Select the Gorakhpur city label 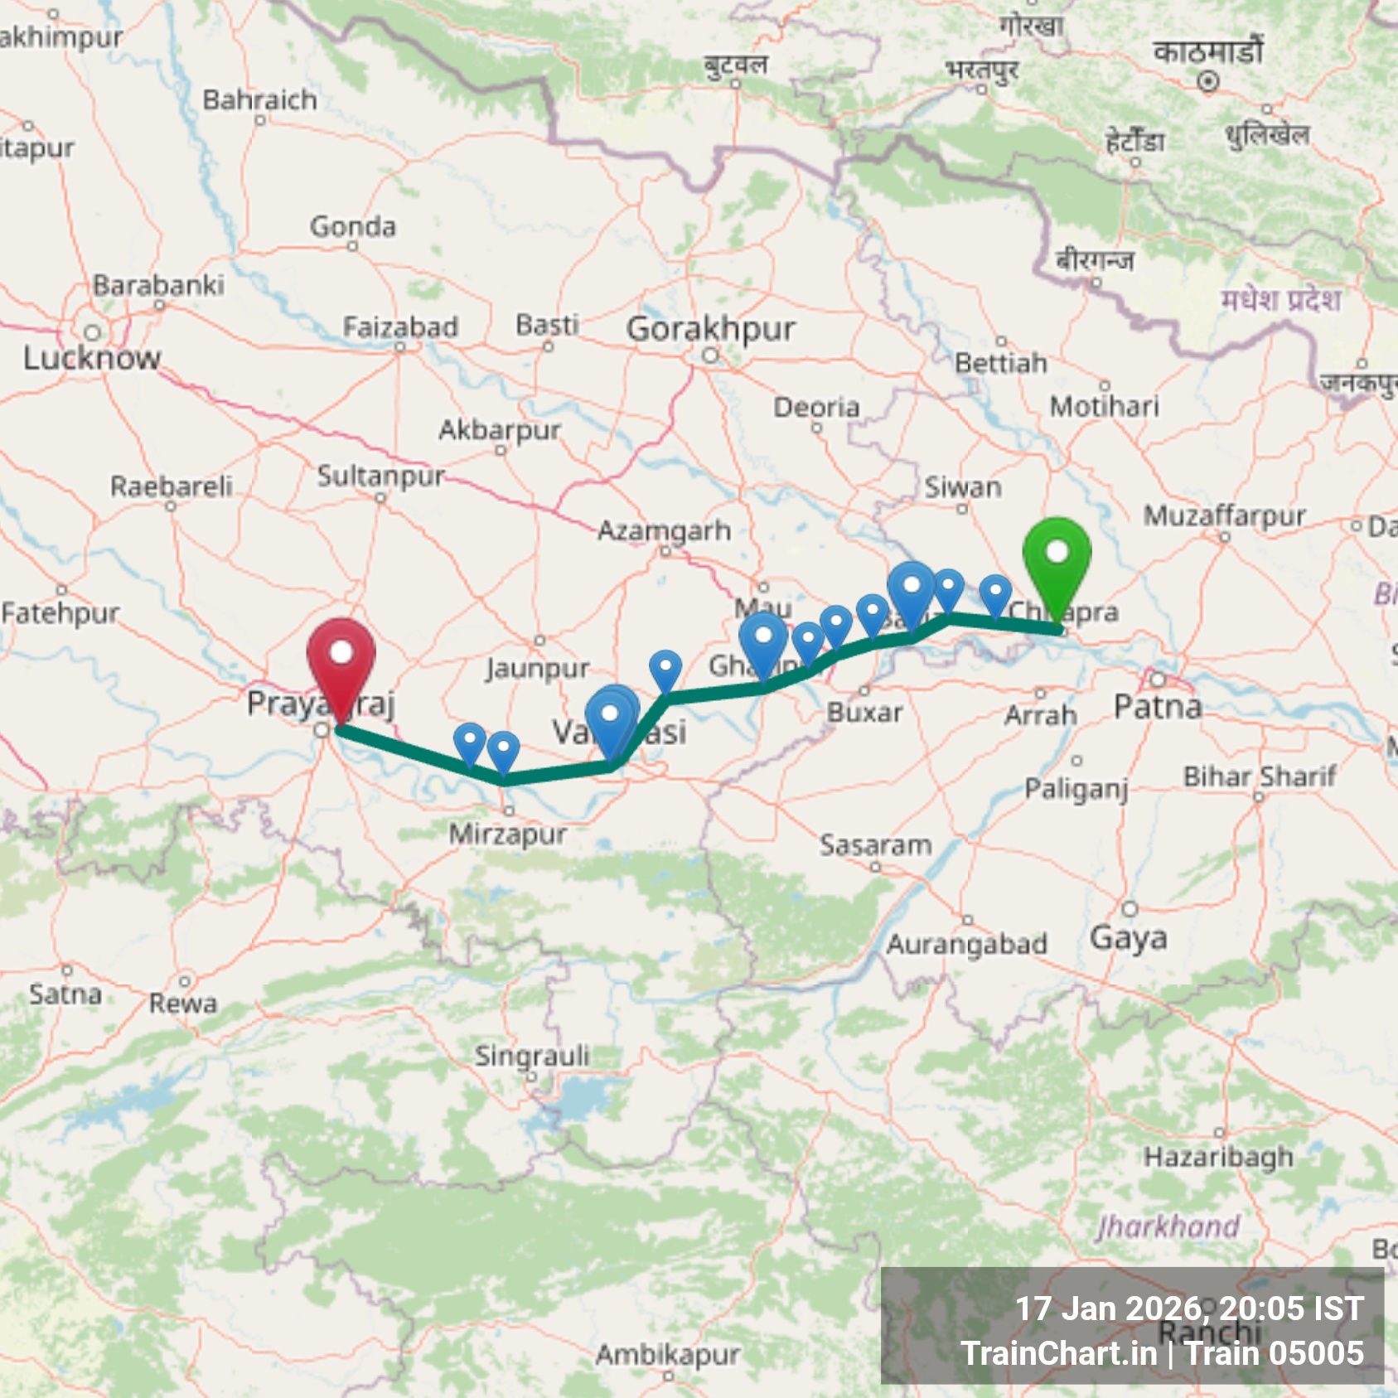point(710,329)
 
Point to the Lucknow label point(91,358)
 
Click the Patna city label point(1158,707)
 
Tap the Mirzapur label point(508,834)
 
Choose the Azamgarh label point(665,530)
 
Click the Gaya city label point(1128,937)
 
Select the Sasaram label point(875,845)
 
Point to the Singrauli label point(532,1055)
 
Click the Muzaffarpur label point(1224,516)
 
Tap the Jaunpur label point(538,667)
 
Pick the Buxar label point(864,712)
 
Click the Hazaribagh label point(1218,1156)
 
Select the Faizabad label point(400,327)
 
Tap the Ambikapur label point(667,1354)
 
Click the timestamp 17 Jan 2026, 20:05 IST point(1189,1309)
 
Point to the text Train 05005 point(1274,1353)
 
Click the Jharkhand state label point(1168,1226)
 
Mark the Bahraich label point(259,100)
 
